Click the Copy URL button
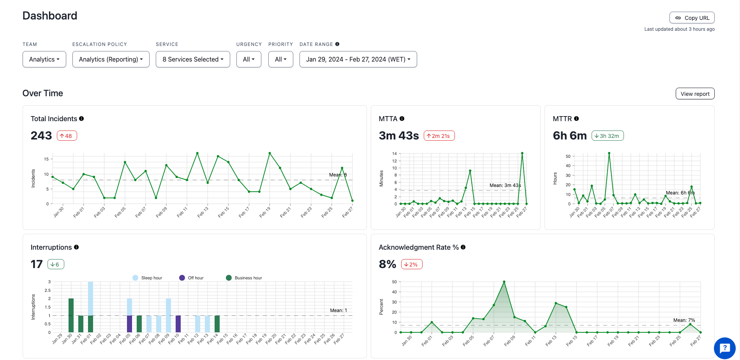pos(692,18)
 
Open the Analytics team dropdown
pos(44,59)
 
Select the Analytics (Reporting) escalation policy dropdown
pos(111,59)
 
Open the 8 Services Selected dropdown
pos(193,59)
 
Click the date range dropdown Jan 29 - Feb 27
pos(358,59)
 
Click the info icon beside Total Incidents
pos(81,118)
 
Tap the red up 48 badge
pos(67,136)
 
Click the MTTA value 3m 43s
pos(398,136)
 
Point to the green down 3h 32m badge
pos(607,136)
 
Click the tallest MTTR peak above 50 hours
pos(609,154)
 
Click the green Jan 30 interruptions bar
pos(71,316)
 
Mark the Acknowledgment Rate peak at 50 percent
pos(504,282)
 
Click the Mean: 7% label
pos(684,320)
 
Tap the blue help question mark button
pos(724,348)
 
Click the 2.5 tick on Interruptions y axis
pos(48,290)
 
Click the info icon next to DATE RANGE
pos(337,44)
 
